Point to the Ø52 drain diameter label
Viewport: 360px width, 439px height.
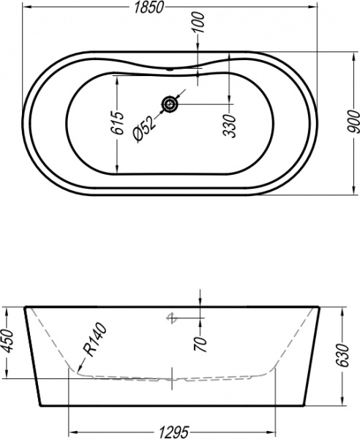[x=143, y=130]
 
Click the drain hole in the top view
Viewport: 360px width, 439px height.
[x=170, y=105]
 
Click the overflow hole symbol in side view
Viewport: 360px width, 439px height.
[x=173, y=318]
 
